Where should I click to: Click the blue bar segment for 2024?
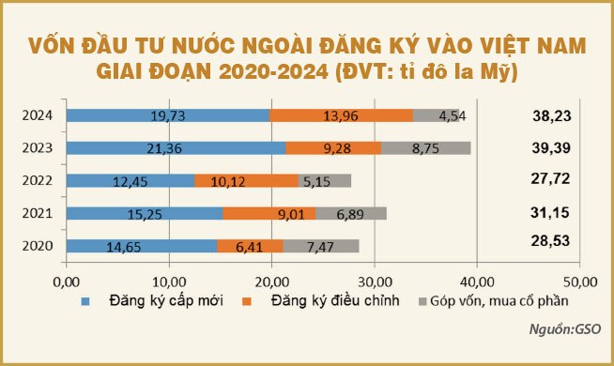(x=168, y=115)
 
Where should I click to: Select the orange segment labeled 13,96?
(x=341, y=115)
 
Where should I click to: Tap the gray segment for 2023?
(x=425, y=148)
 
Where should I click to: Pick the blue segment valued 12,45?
(x=130, y=180)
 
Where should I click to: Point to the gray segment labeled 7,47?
(x=321, y=246)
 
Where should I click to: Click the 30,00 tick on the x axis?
(x=374, y=281)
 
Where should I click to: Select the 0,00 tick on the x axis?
(x=67, y=281)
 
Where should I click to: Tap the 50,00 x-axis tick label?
(x=579, y=281)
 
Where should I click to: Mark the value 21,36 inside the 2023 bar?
(x=176, y=148)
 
